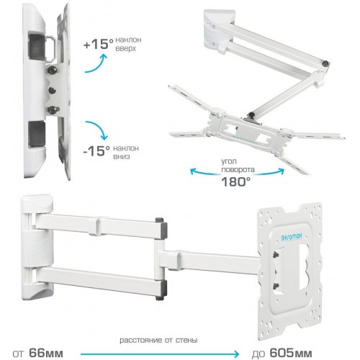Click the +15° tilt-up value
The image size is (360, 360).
tap(98, 44)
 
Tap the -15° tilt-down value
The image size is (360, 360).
tap(96, 150)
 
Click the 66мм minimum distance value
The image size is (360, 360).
tap(46, 353)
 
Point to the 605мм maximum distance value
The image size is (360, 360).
tap(291, 353)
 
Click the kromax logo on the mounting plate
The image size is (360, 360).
tap(291, 237)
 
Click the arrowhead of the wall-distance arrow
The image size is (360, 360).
tap(236, 354)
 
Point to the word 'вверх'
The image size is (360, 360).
tap(125, 48)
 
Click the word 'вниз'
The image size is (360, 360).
tap(122, 156)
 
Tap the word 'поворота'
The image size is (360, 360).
tap(238, 169)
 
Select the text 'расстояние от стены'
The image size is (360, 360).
tap(158, 340)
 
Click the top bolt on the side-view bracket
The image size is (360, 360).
tap(53, 70)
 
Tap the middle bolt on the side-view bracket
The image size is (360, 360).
tap(51, 90)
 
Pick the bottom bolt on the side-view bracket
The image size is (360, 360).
tap(53, 110)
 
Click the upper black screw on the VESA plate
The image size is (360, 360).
tap(276, 254)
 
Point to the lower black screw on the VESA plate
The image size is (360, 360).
tap(276, 286)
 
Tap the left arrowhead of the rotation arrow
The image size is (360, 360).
tap(192, 171)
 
